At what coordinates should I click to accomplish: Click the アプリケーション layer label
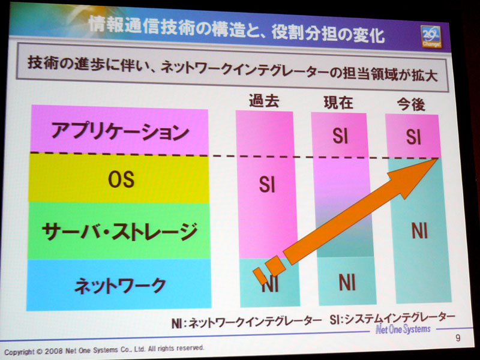[119, 131]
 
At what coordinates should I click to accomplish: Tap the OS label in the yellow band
[121, 179]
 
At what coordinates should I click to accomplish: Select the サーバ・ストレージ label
[119, 232]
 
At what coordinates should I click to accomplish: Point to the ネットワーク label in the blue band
[121, 286]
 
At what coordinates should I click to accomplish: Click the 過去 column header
[264, 100]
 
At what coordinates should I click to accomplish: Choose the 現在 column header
[338, 102]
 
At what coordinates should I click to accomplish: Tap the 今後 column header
[411, 104]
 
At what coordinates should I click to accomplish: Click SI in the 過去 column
[267, 184]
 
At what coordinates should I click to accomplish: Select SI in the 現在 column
[340, 136]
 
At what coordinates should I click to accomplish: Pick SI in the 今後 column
[413, 137]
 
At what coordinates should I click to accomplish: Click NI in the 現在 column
[347, 282]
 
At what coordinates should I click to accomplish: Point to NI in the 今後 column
[419, 231]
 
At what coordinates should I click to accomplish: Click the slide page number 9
[458, 338]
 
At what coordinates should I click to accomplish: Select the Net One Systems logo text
[403, 329]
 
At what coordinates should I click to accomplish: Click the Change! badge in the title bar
[431, 37]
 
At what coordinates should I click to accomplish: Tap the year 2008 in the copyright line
[53, 351]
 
